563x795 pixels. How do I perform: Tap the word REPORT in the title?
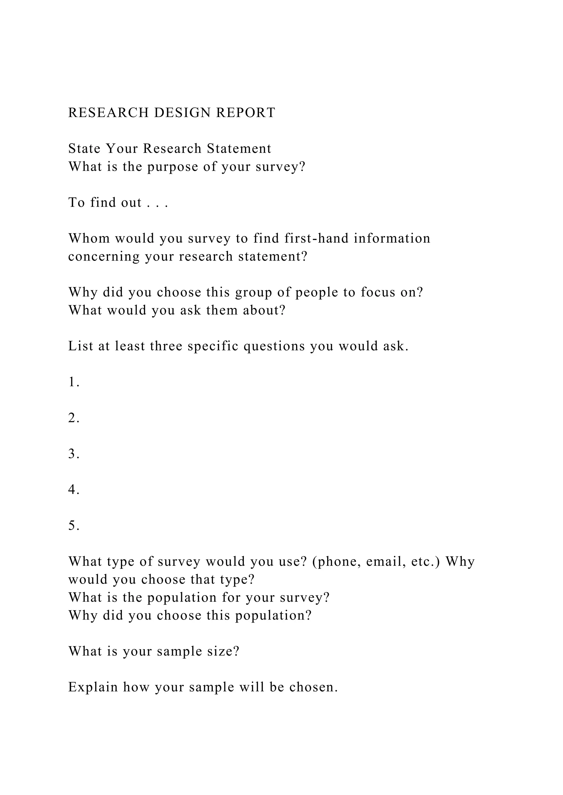click(x=246, y=113)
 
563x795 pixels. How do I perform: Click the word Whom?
click(x=89, y=239)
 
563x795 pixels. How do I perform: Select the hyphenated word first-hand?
click(x=316, y=239)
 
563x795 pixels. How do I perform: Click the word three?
click(x=166, y=346)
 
